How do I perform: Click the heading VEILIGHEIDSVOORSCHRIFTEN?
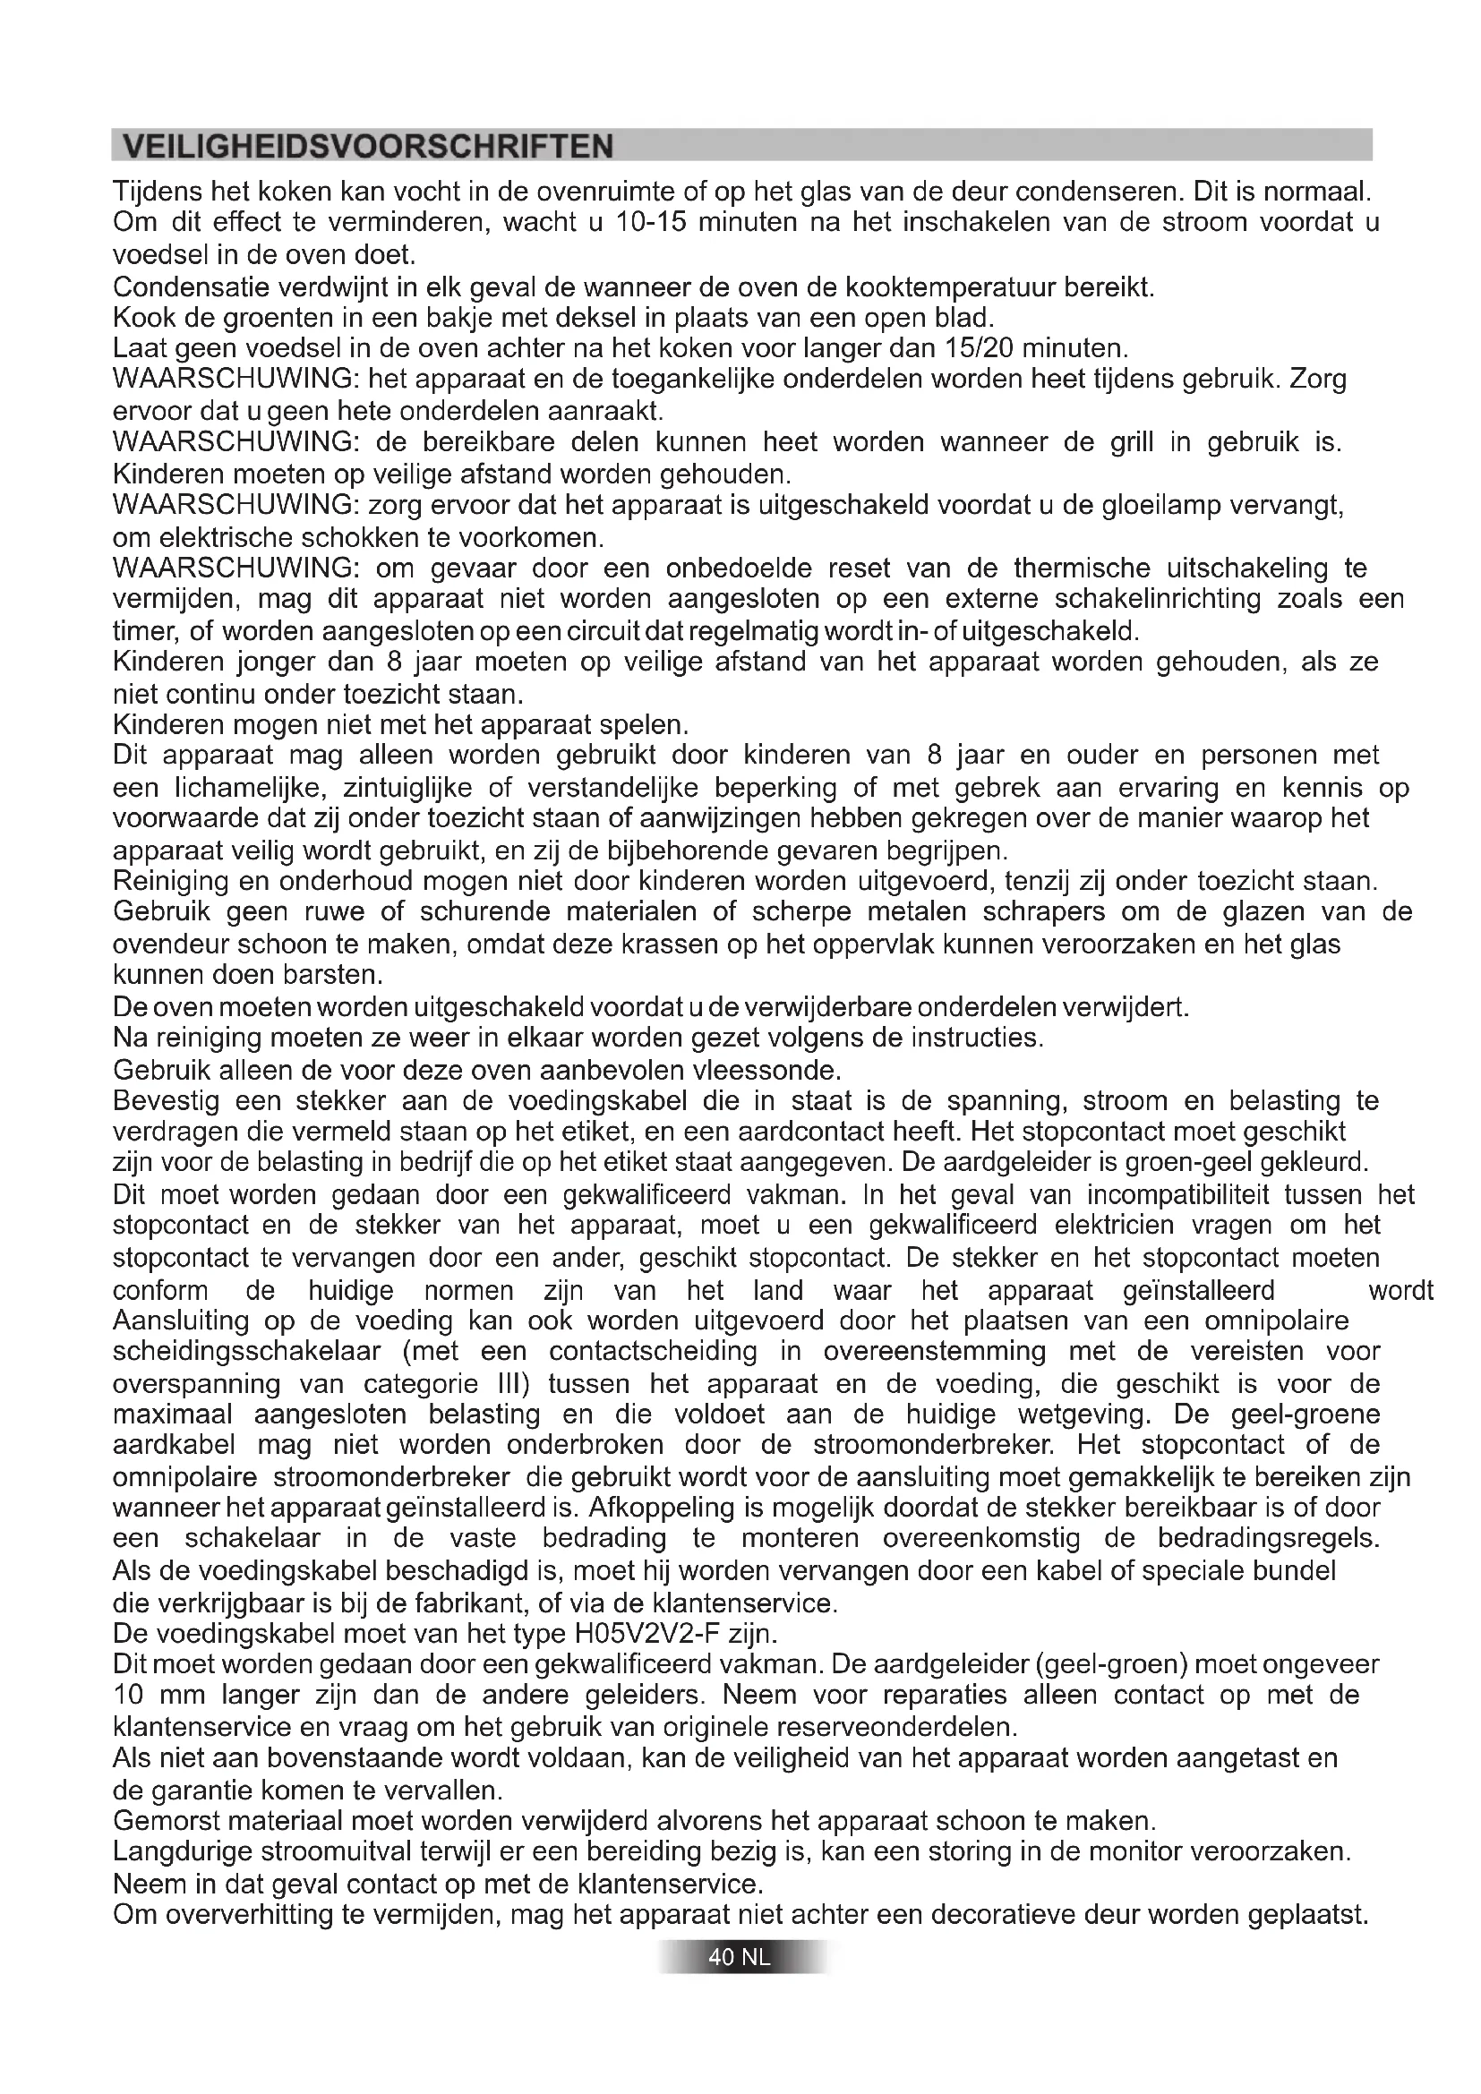[x=367, y=147]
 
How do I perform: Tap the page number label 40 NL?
[x=740, y=1957]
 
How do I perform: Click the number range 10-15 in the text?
[x=650, y=223]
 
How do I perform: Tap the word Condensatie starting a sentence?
[x=189, y=287]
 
